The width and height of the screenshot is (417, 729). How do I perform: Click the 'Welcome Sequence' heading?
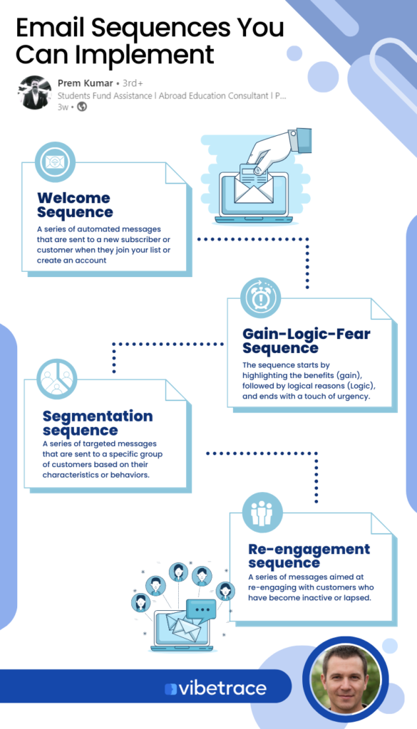(74, 205)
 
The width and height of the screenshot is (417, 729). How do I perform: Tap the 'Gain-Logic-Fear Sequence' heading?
(307, 341)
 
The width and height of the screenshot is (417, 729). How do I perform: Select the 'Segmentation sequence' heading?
(98, 423)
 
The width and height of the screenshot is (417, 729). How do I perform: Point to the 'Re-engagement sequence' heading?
(309, 555)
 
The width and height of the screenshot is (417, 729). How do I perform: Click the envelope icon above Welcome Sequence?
(55, 162)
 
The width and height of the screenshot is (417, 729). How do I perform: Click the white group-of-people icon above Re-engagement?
(262, 513)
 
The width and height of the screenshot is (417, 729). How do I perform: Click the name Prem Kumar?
(85, 83)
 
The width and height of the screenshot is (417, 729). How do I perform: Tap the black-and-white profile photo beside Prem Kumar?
(35, 93)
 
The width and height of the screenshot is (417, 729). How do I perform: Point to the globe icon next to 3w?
(82, 107)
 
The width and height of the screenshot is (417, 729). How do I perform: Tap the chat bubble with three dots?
(201, 609)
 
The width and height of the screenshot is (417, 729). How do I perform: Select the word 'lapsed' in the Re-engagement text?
(359, 598)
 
